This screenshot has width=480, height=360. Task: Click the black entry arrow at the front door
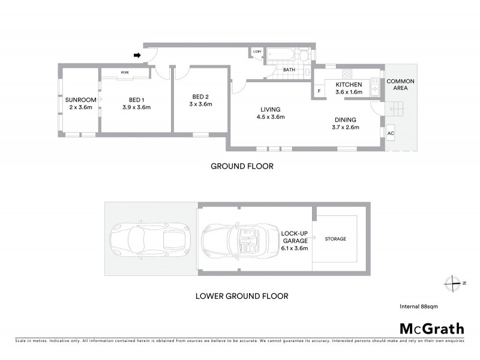point(137,55)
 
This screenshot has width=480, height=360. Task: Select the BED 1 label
point(136,100)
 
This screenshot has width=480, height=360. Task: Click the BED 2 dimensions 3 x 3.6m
point(201,104)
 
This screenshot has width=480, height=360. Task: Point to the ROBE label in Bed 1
point(125,72)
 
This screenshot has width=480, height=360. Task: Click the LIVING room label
point(271,109)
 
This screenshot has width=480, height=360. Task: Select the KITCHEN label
point(349,85)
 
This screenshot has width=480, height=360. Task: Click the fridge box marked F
point(319,92)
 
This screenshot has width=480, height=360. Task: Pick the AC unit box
point(391,133)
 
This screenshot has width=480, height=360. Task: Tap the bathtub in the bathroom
point(280,55)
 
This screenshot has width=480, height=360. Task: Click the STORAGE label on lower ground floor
point(335,239)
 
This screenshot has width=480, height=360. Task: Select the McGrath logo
point(432,328)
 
